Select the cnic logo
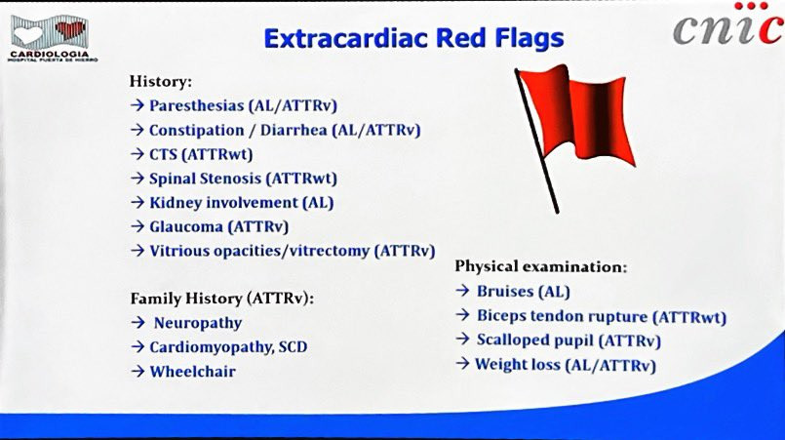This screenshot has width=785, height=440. (x=729, y=24)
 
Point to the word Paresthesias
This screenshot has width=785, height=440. (x=196, y=105)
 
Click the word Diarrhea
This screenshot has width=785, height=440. (x=294, y=130)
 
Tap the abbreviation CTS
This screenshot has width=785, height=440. (x=163, y=154)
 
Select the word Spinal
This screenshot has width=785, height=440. (x=174, y=179)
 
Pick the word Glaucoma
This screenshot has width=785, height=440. (x=185, y=226)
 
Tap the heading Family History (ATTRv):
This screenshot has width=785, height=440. (x=222, y=299)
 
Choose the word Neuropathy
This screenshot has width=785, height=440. (x=198, y=323)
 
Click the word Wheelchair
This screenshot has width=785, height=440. (x=192, y=372)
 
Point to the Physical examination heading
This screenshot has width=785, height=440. (x=540, y=266)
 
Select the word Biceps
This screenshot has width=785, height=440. (x=501, y=316)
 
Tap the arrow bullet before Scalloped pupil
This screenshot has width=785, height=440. (x=462, y=340)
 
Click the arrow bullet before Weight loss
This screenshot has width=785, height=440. (x=462, y=363)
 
